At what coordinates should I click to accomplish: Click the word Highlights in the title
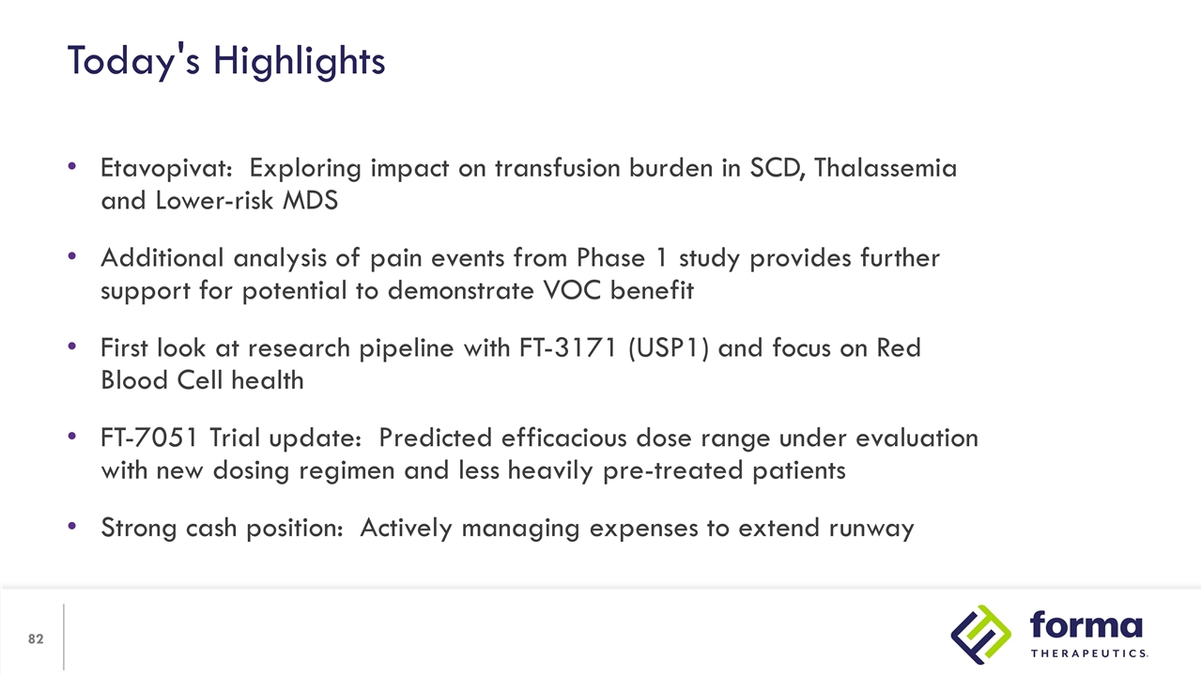[299, 62]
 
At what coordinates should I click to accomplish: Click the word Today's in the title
[133, 62]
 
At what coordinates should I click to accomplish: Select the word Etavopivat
[166, 168]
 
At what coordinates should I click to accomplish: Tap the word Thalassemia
[886, 167]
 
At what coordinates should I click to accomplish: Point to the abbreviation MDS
[310, 201]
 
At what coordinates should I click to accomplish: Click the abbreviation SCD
[777, 168]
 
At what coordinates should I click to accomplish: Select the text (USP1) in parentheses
[668, 348]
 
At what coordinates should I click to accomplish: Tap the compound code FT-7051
[149, 438]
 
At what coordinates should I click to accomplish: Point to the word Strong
[138, 529]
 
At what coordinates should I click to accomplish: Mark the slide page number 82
[36, 639]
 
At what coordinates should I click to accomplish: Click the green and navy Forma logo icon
[981, 635]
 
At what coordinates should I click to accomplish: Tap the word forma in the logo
[1086, 625]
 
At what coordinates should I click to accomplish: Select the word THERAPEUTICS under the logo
[1089, 653]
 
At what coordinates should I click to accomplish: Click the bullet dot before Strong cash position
[72, 526]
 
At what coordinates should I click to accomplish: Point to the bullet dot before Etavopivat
[72, 166]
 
